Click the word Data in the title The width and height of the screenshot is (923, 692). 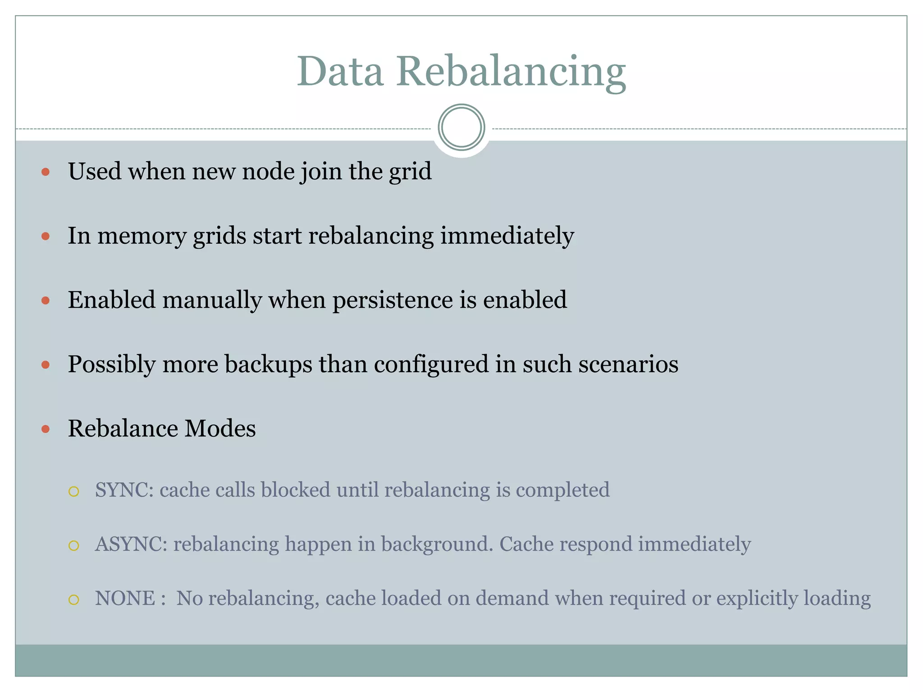[340, 72]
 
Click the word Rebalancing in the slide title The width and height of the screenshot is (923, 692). [511, 73]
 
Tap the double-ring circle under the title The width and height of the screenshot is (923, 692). [461, 127]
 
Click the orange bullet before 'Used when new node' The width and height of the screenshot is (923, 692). [46, 172]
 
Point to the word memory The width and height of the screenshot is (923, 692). [142, 236]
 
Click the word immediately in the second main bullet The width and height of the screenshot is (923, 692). [507, 236]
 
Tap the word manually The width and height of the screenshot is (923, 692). [212, 300]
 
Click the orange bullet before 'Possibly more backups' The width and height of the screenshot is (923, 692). [46, 364]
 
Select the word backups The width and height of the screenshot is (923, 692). [268, 364]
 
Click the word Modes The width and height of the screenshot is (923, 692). [220, 428]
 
